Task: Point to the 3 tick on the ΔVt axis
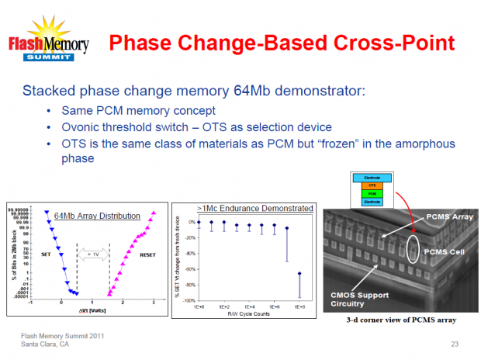pyautogui.click(x=154, y=303)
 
